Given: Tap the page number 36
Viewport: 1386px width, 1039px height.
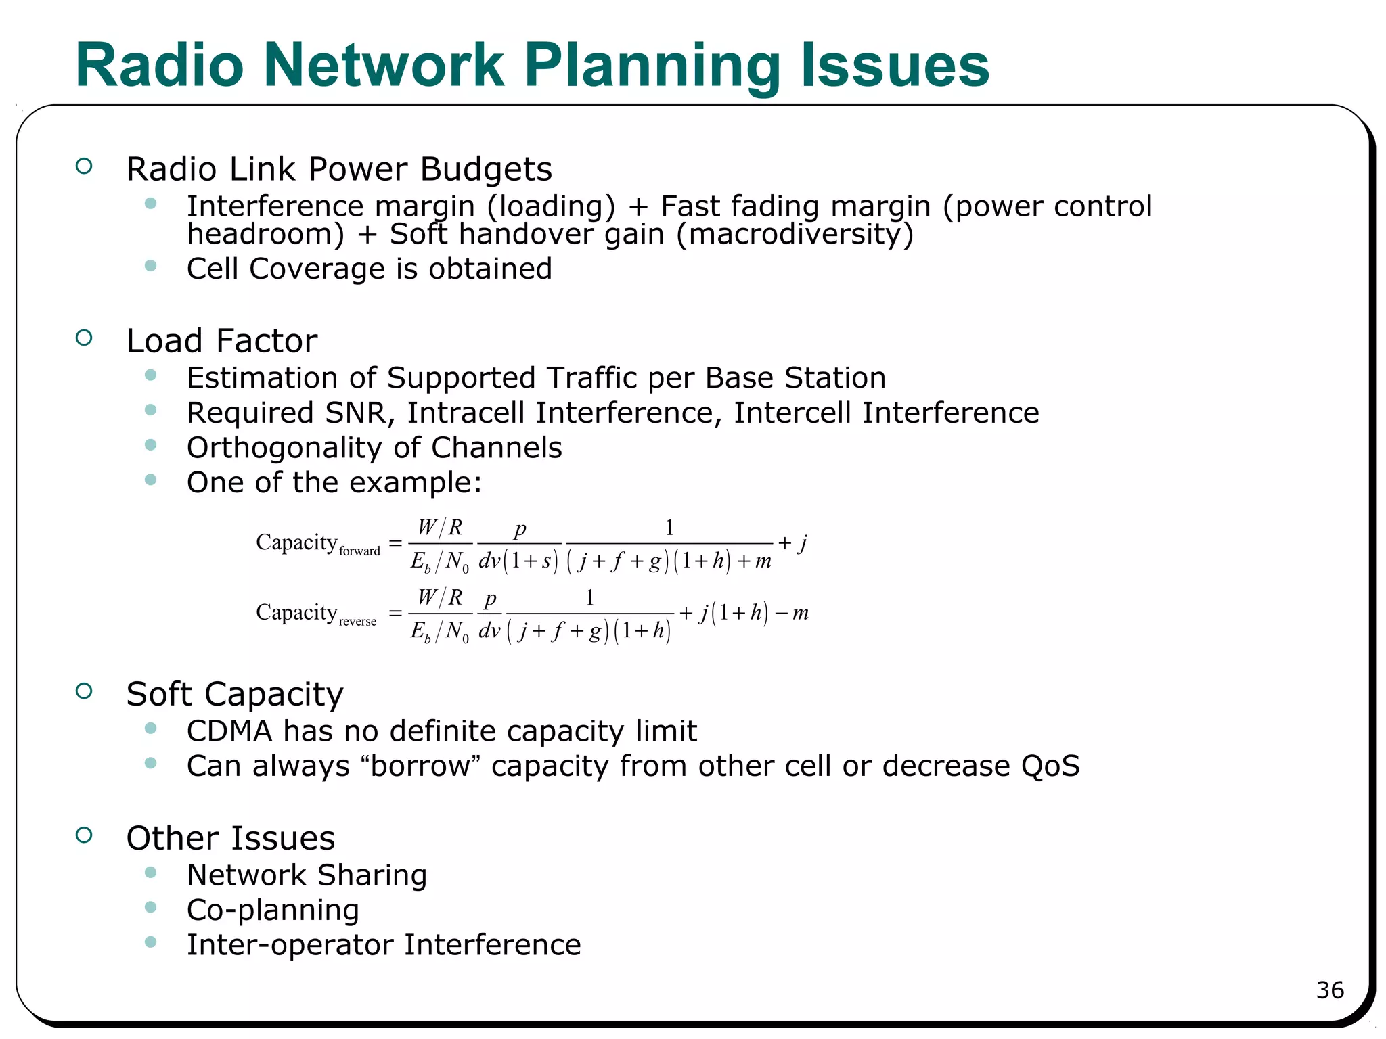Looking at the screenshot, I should [x=1329, y=990].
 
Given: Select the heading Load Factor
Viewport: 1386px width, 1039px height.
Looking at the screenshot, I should [x=221, y=340].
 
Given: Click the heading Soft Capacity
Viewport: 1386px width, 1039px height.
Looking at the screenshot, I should [x=234, y=694].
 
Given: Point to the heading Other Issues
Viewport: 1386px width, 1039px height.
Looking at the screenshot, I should [x=230, y=838].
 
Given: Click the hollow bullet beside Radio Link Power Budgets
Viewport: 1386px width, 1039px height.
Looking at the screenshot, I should [x=84, y=166].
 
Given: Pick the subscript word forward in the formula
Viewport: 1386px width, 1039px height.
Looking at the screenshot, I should [x=359, y=551].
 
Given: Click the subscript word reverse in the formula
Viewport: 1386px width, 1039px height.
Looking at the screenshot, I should [x=357, y=622].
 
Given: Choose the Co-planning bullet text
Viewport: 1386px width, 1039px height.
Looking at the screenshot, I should [x=273, y=910].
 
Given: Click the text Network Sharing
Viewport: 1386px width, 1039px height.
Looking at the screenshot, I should [x=307, y=875].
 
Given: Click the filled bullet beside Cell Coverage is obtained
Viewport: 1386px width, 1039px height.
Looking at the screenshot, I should [x=150, y=266].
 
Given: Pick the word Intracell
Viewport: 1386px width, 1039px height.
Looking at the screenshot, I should [x=466, y=413].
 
